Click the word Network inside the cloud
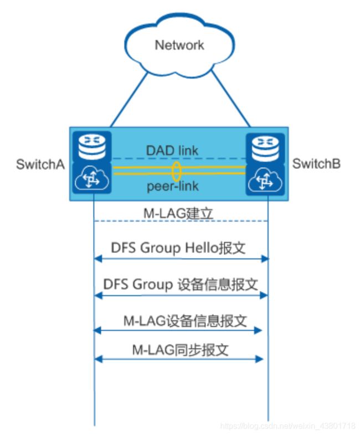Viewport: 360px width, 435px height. [179, 45]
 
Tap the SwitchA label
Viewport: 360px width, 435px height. [40, 164]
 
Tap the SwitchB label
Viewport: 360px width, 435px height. [316, 163]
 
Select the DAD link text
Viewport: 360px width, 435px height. [172, 151]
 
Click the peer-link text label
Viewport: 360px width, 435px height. [173, 186]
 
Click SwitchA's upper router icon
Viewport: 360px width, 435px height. [92, 147]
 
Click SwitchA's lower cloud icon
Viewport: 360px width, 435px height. [92, 178]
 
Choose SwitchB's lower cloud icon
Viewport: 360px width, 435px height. [265, 180]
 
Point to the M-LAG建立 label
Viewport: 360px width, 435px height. [178, 213]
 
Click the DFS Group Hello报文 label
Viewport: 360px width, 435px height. [178, 248]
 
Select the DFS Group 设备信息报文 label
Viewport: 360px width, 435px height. [181, 284]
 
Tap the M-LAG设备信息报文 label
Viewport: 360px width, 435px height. [185, 321]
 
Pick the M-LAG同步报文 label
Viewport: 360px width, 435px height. [181, 350]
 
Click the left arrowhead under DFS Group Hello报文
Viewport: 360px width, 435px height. [98, 259]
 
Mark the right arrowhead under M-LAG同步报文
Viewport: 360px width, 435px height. [259, 359]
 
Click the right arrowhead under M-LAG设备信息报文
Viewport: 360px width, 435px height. [258, 330]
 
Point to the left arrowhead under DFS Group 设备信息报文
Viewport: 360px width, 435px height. [98, 296]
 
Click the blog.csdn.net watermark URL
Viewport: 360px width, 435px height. [287, 426]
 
